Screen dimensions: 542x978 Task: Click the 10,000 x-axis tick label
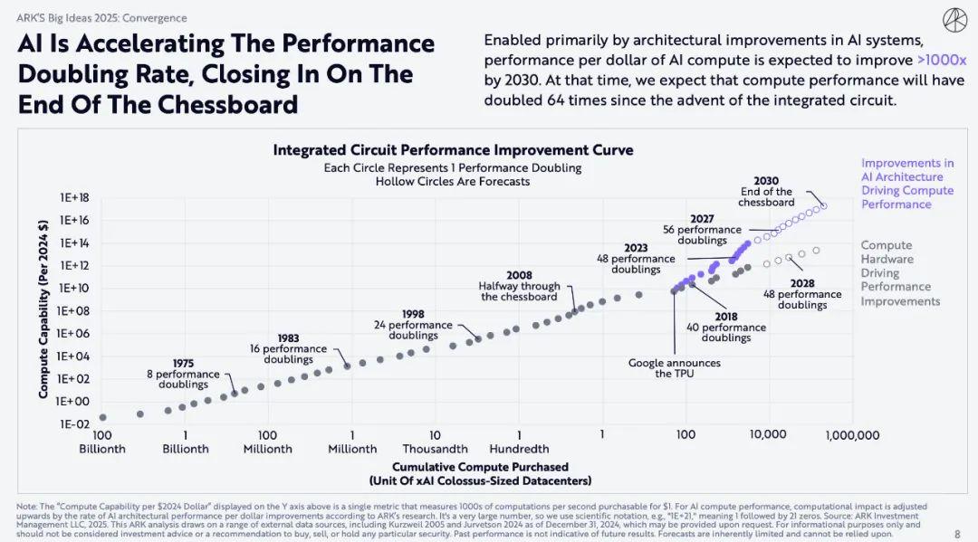[768, 435]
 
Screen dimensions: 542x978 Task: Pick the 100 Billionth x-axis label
[102, 442]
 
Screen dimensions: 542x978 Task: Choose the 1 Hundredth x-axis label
[519, 442]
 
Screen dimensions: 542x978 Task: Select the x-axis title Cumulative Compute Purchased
[480, 467]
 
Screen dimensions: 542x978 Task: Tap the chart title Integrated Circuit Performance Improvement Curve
[453, 150]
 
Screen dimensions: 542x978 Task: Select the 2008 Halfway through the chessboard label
[519, 286]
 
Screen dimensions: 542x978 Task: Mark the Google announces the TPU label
[675, 368]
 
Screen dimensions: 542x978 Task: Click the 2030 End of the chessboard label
[766, 192]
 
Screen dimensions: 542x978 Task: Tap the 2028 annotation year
[802, 283]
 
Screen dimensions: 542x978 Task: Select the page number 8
[957, 534]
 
